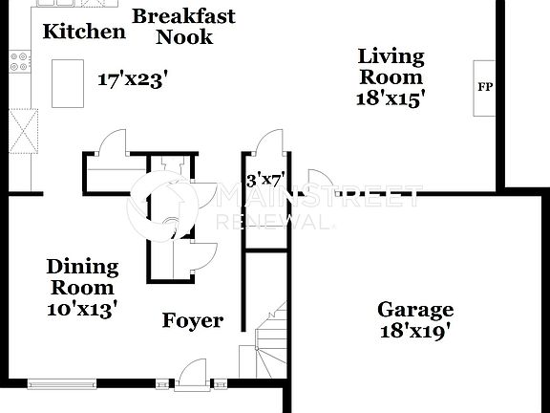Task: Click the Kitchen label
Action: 84,32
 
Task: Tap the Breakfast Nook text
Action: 183,27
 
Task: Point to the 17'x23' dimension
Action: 133,79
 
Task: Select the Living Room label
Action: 391,66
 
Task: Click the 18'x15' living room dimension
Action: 391,97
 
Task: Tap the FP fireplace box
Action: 485,88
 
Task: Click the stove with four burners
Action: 19,62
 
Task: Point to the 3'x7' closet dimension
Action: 265,179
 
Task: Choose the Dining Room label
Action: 83,277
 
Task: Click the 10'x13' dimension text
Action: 82,309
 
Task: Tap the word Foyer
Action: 192,321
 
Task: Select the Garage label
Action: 415,310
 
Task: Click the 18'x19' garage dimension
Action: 415,332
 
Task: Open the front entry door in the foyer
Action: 194,374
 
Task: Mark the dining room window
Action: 63,384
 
